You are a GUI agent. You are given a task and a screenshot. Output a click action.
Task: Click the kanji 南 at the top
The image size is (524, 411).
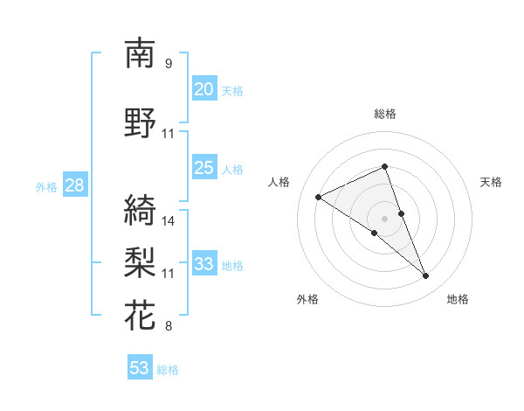[x=140, y=54]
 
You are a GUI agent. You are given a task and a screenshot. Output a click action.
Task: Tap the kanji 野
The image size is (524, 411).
[x=140, y=123]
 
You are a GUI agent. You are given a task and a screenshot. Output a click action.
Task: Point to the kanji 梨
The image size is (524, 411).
[x=140, y=262]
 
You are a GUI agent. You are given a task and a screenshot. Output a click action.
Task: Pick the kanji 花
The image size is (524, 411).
[x=140, y=316]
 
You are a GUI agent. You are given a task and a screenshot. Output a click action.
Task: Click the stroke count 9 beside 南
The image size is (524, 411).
[x=169, y=64]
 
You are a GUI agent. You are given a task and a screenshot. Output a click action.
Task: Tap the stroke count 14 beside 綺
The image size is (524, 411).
[x=169, y=221]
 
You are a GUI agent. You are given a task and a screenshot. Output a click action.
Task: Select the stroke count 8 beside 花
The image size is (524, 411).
[x=169, y=327]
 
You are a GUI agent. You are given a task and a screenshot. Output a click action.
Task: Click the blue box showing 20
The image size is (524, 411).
[x=203, y=89]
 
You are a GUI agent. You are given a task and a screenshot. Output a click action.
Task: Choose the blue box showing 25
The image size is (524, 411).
[x=203, y=168]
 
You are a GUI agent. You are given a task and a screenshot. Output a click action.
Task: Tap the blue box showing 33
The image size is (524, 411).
[x=203, y=264]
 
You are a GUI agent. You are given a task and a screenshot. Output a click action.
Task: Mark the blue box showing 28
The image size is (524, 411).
[x=73, y=185]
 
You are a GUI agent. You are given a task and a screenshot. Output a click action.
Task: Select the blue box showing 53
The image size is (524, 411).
[x=140, y=368]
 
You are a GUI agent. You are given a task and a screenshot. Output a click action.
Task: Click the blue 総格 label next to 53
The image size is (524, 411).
[x=169, y=370]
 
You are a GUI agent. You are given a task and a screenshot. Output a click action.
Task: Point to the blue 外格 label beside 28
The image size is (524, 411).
[x=46, y=186]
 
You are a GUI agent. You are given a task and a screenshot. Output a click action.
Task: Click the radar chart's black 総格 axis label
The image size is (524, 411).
[x=385, y=114]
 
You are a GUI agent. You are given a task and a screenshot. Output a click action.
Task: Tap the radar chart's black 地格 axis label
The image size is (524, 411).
[x=458, y=299]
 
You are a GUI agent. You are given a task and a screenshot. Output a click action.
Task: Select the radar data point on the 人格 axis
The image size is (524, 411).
[x=319, y=198]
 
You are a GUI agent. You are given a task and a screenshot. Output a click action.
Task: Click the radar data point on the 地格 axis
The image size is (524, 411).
[x=426, y=276]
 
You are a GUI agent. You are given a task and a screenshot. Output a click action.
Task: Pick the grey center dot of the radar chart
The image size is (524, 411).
[x=385, y=218]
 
